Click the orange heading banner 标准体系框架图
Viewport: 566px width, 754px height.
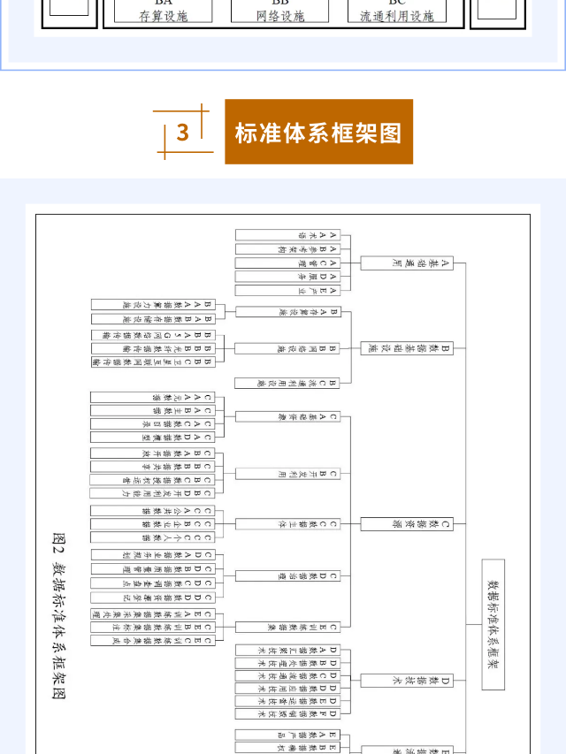(x=318, y=133)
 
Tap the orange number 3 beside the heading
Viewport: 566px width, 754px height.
(x=183, y=133)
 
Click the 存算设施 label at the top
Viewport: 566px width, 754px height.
(x=164, y=16)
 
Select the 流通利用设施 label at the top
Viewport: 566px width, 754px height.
(x=397, y=16)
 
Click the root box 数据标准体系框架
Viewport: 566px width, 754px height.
(x=493, y=624)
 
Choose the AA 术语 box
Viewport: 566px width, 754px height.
(x=287, y=236)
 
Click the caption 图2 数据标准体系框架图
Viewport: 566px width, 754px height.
(x=59, y=614)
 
